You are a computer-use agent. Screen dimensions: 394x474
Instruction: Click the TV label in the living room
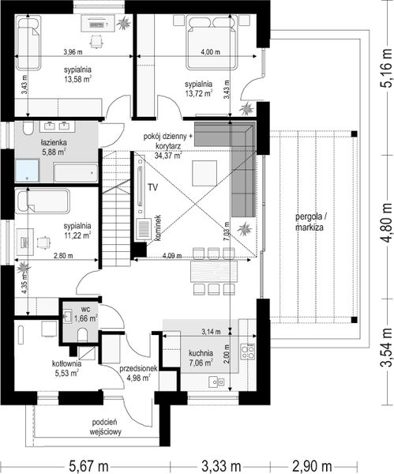coord(153,187)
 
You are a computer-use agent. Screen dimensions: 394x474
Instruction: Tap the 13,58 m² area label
coord(77,80)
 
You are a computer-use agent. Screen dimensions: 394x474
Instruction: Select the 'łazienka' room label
coord(54,142)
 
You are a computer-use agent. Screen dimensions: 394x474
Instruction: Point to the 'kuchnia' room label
coord(201,353)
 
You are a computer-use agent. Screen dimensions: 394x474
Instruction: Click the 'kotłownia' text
coord(66,363)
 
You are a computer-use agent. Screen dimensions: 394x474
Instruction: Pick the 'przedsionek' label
coord(138,368)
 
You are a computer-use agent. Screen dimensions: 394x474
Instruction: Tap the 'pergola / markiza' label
coord(310,222)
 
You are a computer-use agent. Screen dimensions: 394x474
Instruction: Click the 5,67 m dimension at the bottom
coord(89,466)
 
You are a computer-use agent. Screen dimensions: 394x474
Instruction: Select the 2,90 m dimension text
coord(312,466)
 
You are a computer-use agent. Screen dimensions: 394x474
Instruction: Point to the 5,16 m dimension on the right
coord(386,67)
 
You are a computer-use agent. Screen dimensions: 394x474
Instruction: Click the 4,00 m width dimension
coord(210,52)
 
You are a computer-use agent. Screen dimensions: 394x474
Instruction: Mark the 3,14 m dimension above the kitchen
coord(211,332)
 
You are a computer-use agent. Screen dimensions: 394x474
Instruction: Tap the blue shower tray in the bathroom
coord(27,171)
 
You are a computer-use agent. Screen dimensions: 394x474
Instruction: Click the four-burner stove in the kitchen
coord(247,352)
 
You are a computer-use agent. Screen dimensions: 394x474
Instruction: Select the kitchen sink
coord(216,382)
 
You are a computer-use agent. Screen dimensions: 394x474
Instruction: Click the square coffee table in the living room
coord(205,173)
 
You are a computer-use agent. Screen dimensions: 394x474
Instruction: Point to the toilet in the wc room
coord(82,335)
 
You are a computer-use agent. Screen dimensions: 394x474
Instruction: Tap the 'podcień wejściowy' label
coord(106,427)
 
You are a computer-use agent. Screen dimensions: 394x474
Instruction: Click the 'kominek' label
coord(159,228)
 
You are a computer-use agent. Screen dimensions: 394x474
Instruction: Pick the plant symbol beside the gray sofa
coord(245,229)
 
